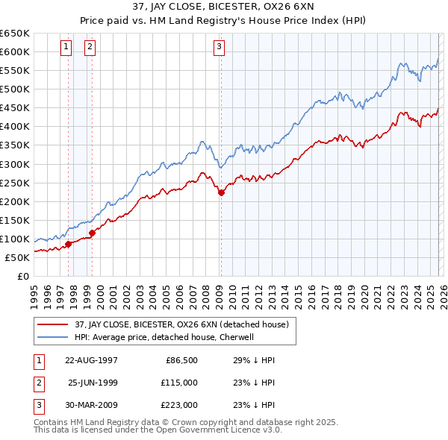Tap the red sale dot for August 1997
(x=68, y=243)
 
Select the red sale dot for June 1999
(x=93, y=233)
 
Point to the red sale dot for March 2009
(x=221, y=192)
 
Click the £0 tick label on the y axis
(x=23, y=276)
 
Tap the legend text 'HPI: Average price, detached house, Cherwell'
(x=164, y=337)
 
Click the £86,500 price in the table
(x=181, y=360)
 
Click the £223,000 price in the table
(x=179, y=405)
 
